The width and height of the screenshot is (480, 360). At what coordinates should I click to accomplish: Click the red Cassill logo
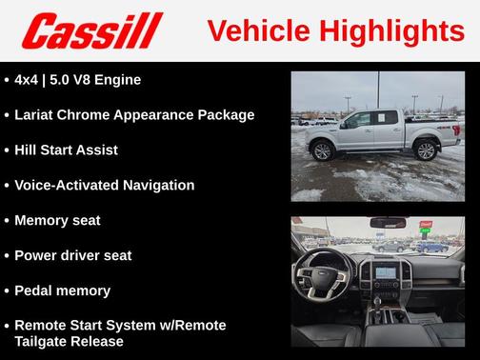[x=92, y=31]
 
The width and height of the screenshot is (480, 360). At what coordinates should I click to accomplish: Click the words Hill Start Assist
[x=66, y=150]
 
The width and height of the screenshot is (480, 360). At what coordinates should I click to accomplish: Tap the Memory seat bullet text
[x=57, y=221]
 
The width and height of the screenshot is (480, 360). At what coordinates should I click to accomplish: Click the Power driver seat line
[x=72, y=256]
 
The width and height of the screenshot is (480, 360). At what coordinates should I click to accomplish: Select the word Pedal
[x=33, y=291]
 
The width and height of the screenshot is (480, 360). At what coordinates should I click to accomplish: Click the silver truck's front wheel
[x=322, y=150]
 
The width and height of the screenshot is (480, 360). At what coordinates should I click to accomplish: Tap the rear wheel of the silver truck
[x=425, y=150]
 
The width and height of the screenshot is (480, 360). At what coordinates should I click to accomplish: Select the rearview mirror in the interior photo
[x=388, y=223]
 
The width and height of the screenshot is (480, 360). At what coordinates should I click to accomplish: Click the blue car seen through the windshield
[x=431, y=247]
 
